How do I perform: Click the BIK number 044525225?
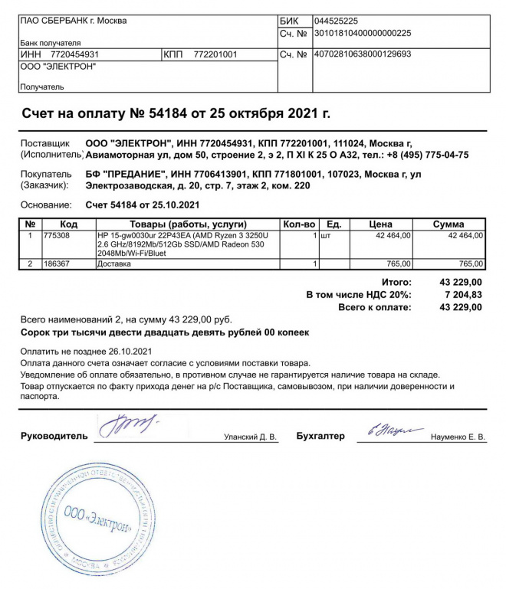click(x=337, y=21)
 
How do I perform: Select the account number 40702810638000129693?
click(x=363, y=54)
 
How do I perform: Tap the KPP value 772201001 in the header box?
click(x=216, y=55)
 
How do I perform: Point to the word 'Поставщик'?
click(x=44, y=143)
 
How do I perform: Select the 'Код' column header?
click(x=69, y=224)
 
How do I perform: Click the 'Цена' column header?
click(x=381, y=224)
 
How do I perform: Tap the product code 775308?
click(x=58, y=235)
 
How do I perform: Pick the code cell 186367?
click(x=58, y=264)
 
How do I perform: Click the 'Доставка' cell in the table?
click(x=113, y=264)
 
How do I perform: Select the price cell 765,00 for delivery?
click(x=398, y=264)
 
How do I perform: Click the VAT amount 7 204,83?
click(x=461, y=295)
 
